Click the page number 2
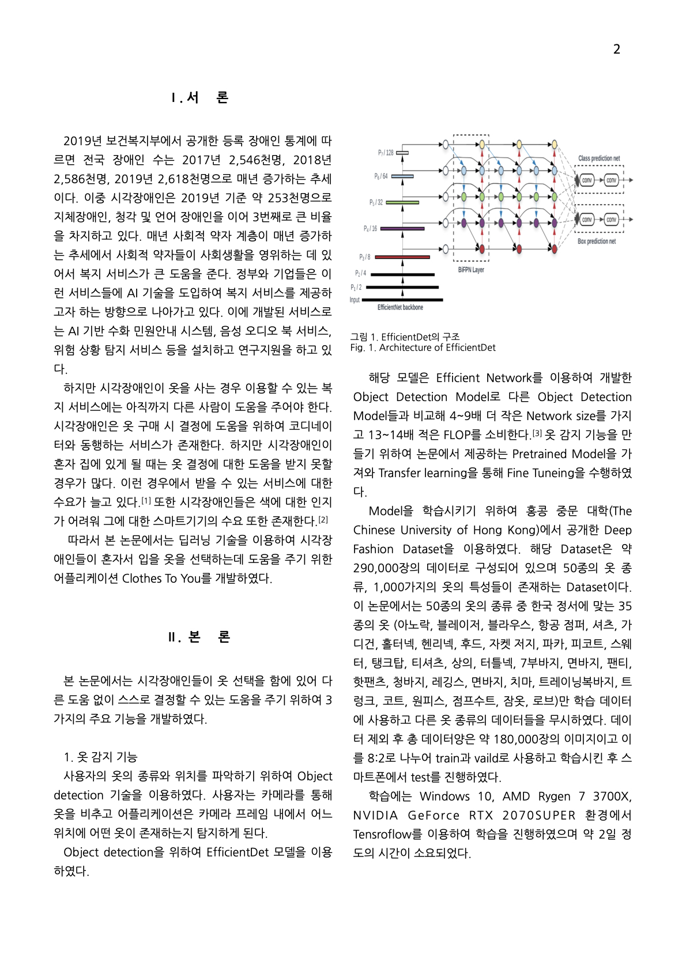616,49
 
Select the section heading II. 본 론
199,637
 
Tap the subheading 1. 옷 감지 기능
100,757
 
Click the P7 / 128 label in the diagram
386,153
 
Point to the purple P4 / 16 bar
402,229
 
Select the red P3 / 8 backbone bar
402,257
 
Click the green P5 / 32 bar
402,202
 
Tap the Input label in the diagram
355,300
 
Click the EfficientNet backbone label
400,308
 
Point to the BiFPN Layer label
471,270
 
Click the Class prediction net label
599,158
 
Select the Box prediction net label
597,241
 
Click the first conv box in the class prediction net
587,180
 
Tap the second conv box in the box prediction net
611,220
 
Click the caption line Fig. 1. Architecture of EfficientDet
423,348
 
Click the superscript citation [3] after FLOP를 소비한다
537,433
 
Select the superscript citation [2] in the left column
323,519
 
